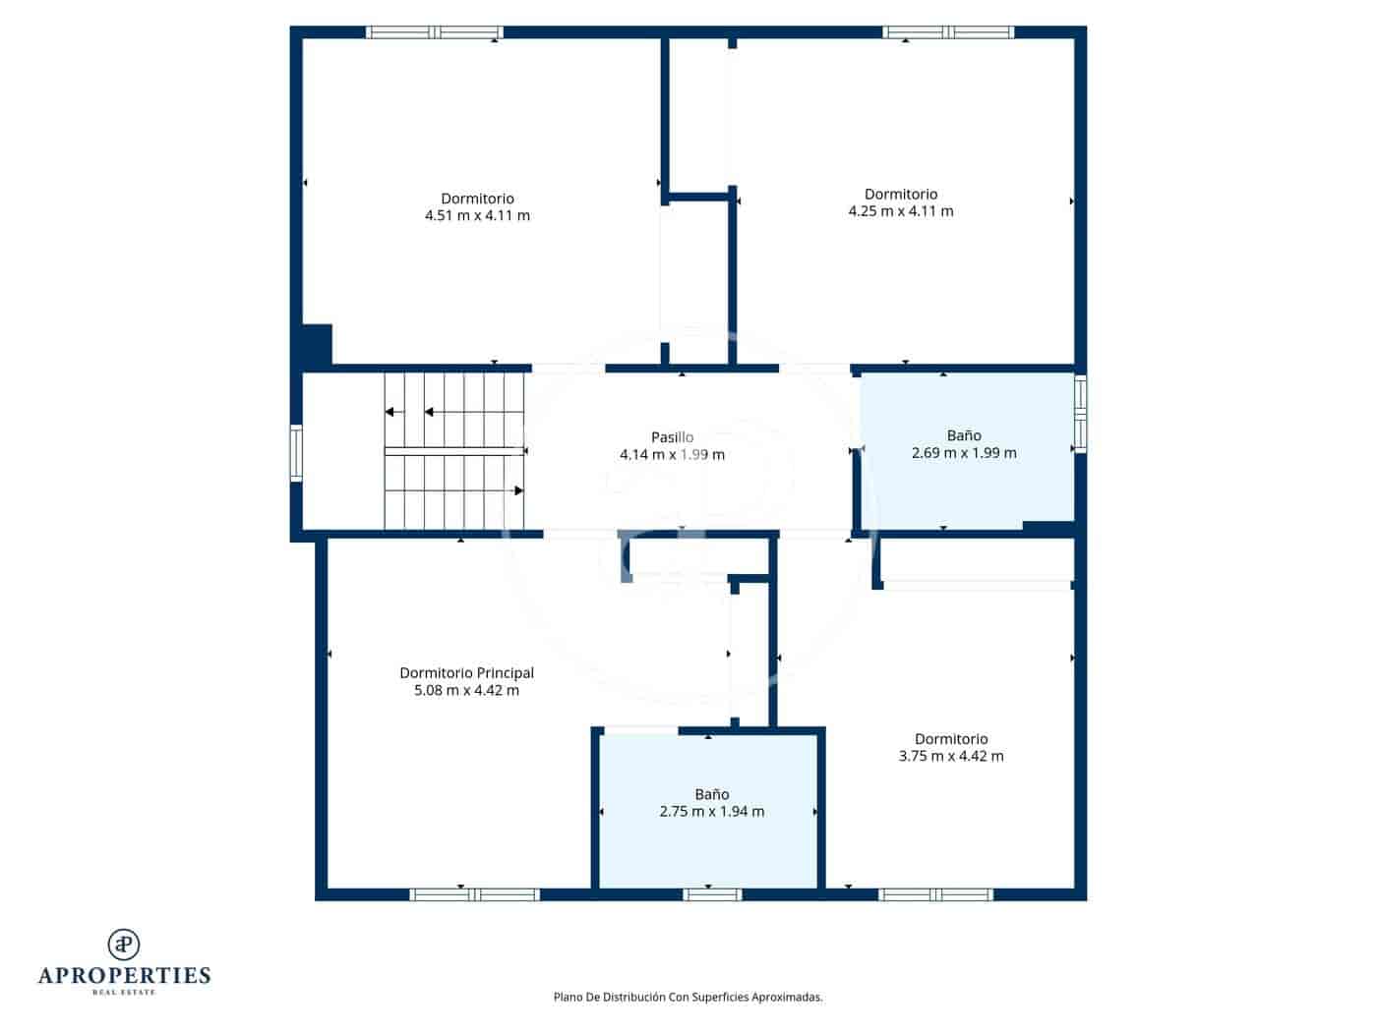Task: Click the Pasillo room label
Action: pyautogui.click(x=672, y=437)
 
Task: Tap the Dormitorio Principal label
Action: pyautogui.click(x=466, y=673)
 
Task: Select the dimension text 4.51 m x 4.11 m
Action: pyautogui.click(x=477, y=215)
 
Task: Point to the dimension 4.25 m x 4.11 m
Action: pyautogui.click(x=900, y=210)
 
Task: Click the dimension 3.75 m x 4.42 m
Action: pyautogui.click(x=951, y=756)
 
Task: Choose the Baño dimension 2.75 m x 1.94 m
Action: pyautogui.click(x=711, y=811)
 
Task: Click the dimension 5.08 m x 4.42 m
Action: pyautogui.click(x=466, y=690)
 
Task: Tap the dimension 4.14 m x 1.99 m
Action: pyautogui.click(x=672, y=454)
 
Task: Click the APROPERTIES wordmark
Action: pyautogui.click(x=124, y=975)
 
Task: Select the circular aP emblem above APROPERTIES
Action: pyautogui.click(x=124, y=944)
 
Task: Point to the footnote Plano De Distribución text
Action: pyautogui.click(x=688, y=997)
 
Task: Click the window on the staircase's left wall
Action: pyautogui.click(x=296, y=452)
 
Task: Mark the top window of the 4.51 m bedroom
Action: pyautogui.click(x=435, y=32)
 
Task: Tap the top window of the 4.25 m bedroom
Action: pyautogui.click(x=948, y=32)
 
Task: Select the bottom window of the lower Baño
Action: pyautogui.click(x=712, y=894)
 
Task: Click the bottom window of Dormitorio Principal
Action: pyautogui.click(x=474, y=894)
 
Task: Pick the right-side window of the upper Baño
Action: pyautogui.click(x=1081, y=413)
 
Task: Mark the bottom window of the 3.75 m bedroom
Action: pyautogui.click(x=935, y=894)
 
